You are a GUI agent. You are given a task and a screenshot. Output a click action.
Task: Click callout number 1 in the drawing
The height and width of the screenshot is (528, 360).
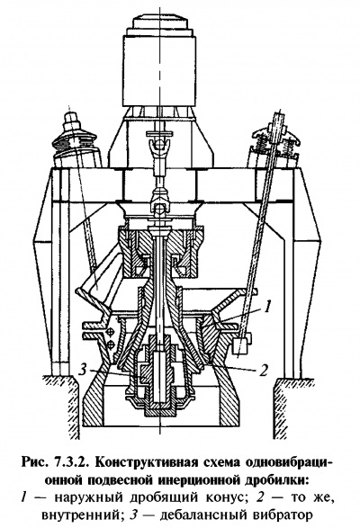266,307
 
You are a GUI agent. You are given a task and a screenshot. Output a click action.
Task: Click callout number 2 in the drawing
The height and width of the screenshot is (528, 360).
264,370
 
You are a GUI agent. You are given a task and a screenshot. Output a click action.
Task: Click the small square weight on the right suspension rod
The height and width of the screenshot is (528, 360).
240,345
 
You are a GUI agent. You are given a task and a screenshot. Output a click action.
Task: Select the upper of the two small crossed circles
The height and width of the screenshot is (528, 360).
110,332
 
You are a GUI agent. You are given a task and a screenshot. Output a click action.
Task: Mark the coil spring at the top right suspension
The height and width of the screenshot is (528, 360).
282,146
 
